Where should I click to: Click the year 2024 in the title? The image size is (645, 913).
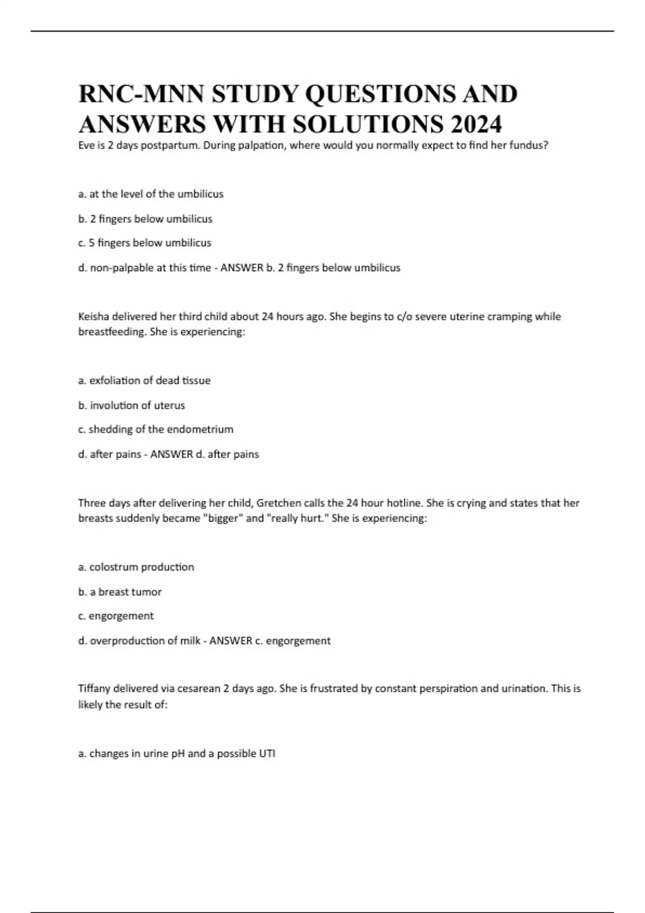coord(476,124)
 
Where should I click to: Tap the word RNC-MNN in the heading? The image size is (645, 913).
coord(141,94)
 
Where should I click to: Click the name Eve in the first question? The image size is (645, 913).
coord(86,145)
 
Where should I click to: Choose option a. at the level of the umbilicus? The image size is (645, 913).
coord(150,194)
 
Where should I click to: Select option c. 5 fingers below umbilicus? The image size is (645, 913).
coord(145,243)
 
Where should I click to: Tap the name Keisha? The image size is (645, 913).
coord(95,316)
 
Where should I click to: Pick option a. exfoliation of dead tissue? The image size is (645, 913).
coord(144,380)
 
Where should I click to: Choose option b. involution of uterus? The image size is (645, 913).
coord(131,405)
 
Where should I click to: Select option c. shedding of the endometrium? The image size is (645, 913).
coord(155,429)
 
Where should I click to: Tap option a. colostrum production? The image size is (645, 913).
coord(136,567)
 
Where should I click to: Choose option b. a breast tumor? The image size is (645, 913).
coord(120,592)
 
